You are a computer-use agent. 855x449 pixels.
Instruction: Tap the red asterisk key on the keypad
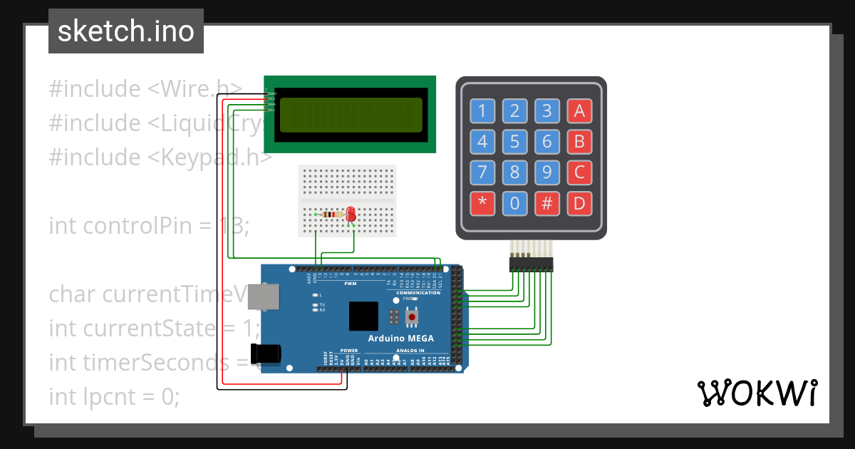click(x=482, y=204)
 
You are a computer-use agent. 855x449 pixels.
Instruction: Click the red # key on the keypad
click(x=546, y=204)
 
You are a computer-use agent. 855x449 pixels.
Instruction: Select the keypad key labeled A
click(x=579, y=111)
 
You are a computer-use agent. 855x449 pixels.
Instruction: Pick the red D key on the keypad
click(x=579, y=204)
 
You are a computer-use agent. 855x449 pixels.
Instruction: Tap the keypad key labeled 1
click(x=482, y=111)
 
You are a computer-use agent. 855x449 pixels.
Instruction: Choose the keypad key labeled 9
click(x=546, y=172)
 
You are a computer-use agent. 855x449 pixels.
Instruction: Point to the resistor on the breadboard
click(x=331, y=214)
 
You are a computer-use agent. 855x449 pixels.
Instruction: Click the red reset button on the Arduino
click(x=412, y=317)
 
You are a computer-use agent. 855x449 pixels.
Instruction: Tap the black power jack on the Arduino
click(x=266, y=353)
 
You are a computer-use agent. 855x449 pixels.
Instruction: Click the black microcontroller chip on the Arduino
click(x=363, y=316)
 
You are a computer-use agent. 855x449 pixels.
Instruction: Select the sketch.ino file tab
click(x=126, y=31)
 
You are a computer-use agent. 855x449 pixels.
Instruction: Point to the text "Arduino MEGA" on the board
click(x=400, y=338)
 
